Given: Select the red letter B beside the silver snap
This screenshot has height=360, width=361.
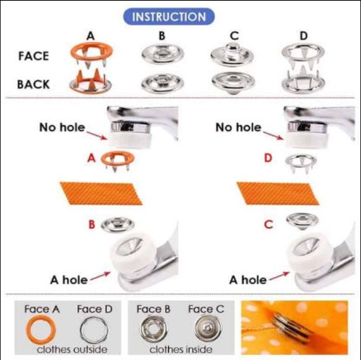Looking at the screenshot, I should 92,225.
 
